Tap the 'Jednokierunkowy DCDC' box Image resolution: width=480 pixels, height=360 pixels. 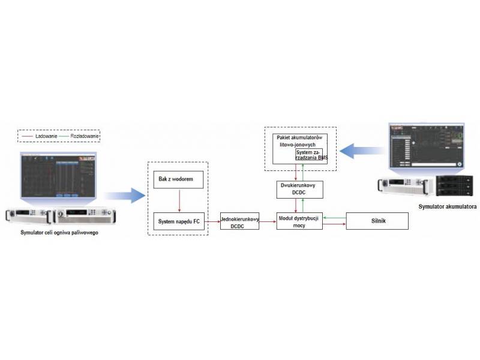239,221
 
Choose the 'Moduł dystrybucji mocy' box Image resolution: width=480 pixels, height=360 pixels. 299,221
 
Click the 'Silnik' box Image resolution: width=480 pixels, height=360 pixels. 377,221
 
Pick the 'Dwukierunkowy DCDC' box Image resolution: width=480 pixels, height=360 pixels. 299,189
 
